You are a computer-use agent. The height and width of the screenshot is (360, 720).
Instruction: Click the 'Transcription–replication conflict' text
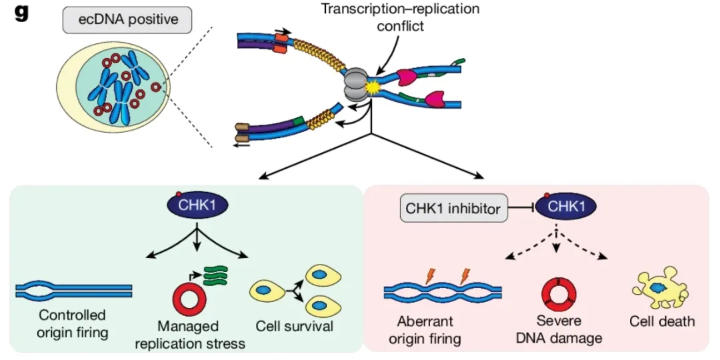[400, 18]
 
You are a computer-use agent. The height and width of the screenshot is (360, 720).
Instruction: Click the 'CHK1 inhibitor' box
[453, 209]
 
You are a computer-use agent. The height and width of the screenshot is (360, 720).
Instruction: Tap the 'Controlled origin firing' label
[72, 322]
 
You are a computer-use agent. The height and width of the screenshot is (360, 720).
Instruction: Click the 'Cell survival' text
[294, 327]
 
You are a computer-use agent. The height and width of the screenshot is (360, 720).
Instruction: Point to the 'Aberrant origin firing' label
[425, 329]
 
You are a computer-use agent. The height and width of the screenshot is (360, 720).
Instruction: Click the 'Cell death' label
[662, 321]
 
